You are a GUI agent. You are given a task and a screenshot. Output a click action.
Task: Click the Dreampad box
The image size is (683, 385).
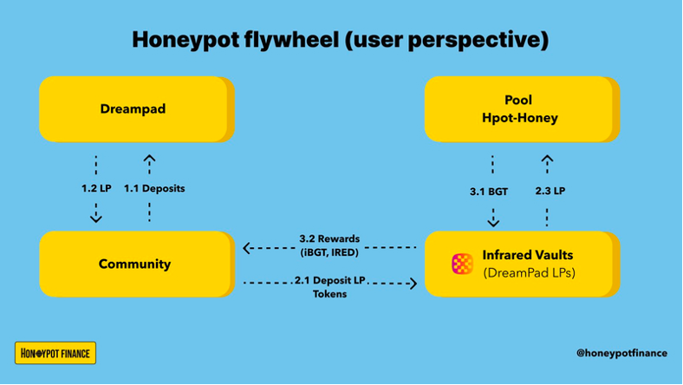pos(137,109)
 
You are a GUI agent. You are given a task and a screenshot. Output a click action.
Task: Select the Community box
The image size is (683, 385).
pos(137,264)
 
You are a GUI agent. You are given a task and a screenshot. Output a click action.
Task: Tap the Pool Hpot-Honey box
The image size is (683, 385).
pos(522,109)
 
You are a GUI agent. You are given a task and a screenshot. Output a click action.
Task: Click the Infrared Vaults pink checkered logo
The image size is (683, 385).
pos(462,264)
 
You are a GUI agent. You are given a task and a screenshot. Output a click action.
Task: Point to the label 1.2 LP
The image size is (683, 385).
pos(96,188)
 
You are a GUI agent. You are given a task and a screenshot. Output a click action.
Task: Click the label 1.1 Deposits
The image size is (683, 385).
pos(154,188)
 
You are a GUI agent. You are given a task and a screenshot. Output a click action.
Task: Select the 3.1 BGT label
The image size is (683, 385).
pos(489,192)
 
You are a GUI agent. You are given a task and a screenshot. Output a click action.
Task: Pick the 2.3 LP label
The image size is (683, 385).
pos(550,191)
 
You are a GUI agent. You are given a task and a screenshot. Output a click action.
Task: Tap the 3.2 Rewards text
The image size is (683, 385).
pos(329,239)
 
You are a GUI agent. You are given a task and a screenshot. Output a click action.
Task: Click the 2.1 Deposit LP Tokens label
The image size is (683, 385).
pos(329,287)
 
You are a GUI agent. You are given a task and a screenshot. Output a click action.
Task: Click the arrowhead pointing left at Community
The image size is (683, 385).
pos(247,248)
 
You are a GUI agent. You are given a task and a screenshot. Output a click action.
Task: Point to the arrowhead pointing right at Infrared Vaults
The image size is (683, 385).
pos(413,284)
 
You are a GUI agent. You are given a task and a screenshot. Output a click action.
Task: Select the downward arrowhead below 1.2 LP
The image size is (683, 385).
pos(96,218)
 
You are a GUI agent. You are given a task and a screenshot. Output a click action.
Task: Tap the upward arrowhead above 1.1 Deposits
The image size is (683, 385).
pos(149,159)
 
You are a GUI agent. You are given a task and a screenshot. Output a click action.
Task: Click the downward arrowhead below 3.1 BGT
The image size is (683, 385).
pos(493,222)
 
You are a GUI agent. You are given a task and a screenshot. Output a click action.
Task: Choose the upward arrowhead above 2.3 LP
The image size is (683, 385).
pos(547,160)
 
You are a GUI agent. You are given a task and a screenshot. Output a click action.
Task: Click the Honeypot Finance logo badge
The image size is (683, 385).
pos(55,353)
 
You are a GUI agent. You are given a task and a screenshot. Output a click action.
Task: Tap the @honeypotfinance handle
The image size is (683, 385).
pos(621,353)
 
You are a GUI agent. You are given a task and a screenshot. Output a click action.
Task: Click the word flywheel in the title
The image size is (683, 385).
pos(291,40)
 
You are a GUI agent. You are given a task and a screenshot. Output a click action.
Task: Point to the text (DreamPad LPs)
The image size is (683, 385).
pos(530,273)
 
